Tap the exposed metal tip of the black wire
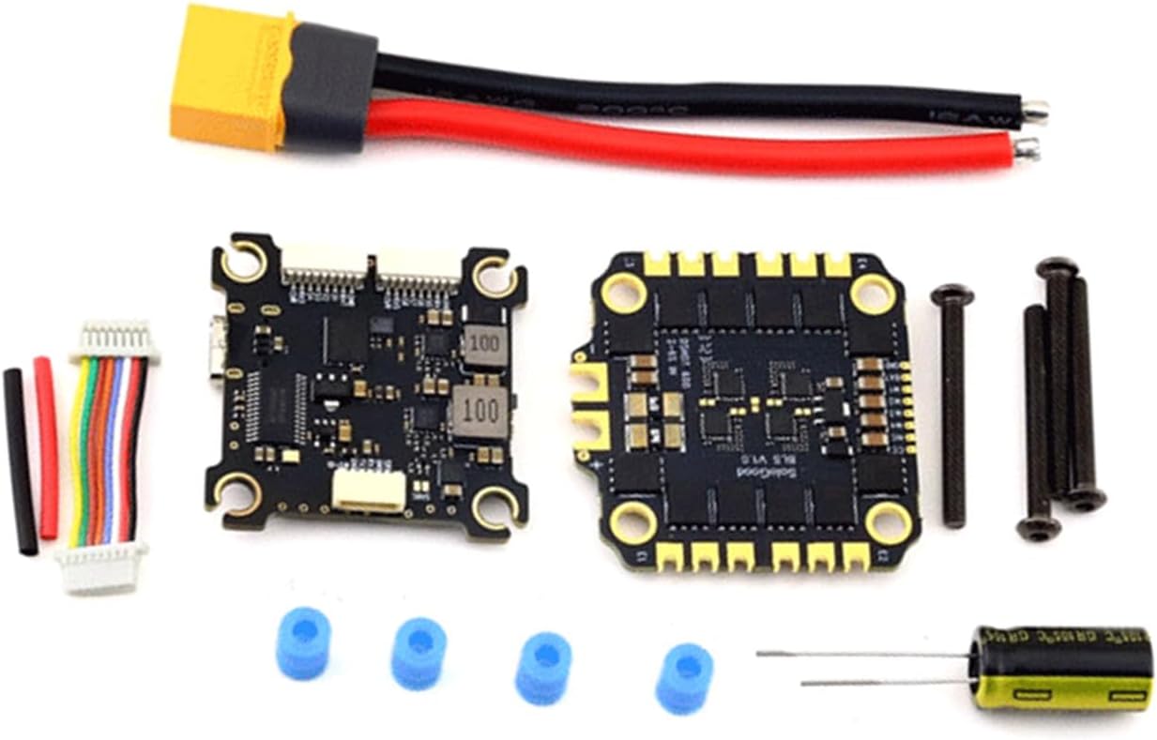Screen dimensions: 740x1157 [x=1034, y=112]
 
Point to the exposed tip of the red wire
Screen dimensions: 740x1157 [x=1027, y=146]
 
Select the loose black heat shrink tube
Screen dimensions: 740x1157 [x=20, y=461]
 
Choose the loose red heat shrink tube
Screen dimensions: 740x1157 [x=46, y=446]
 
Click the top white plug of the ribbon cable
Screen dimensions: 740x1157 [x=115, y=340]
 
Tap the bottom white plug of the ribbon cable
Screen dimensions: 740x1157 [x=101, y=566]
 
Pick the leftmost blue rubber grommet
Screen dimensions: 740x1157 [x=303, y=642]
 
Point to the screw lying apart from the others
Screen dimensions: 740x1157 [x=952, y=403]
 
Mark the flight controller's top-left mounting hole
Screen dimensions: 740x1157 [x=244, y=262]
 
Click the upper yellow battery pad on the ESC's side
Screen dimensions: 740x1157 [x=591, y=384]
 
